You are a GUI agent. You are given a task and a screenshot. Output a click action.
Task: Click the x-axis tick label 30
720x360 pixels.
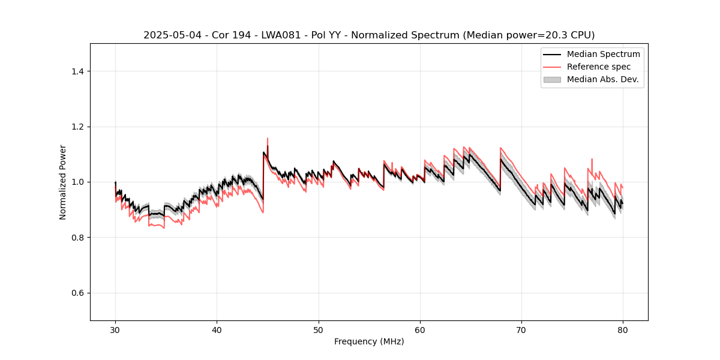[115, 329]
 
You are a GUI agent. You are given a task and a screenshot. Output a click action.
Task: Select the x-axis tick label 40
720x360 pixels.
[217, 329]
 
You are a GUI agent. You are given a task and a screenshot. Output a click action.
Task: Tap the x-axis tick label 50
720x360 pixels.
[319, 329]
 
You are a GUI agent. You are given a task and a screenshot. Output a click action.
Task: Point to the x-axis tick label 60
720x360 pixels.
[420, 329]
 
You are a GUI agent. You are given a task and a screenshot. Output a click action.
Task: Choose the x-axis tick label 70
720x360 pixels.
[521, 329]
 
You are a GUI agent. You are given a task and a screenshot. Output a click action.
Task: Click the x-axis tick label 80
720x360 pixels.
[623, 329]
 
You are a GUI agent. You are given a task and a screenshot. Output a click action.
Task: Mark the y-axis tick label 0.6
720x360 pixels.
[77, 293]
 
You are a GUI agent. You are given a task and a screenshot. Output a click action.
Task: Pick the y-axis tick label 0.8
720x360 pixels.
[77, 238]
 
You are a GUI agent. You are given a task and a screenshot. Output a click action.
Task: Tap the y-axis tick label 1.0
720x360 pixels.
[77, 182]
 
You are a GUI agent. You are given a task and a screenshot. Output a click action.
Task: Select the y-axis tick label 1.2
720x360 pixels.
[77, 127]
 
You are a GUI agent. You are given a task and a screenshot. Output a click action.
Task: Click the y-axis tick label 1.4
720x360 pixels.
[77, 71]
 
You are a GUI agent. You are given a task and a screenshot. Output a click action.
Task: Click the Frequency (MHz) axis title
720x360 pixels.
[369, 341]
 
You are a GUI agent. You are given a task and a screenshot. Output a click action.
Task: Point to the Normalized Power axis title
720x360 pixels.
[63, 182]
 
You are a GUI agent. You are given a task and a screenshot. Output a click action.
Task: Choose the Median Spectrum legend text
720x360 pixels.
[603, 54]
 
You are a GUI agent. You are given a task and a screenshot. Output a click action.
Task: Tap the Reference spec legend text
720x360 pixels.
[599, 67]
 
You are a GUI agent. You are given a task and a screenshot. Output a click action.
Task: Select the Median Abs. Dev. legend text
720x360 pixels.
[603, 79]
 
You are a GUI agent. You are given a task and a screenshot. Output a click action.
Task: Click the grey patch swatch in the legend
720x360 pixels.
[552, 79]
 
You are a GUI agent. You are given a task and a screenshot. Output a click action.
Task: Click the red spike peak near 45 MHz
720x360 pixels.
[268, 139]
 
